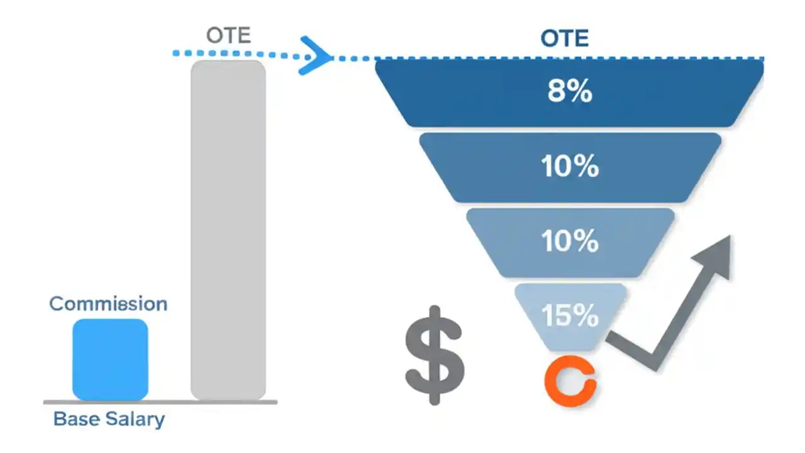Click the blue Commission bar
pyautogui.click(x=110, y=359)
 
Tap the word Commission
pyautogui.click(x=108, y=304)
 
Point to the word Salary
pyautogui.click(x=136, y=420)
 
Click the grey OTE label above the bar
pyautogui.click(x=228, y=35)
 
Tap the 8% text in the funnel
pyautogui.click(x=569, y=92)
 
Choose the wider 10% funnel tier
pyautogui.click(x=570, y=167)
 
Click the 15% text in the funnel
pyautogui.click(x=570, y=316)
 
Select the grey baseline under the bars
pyautogui.click(x=160, y=401)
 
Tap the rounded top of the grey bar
pyautogui.click(x=228, y=64)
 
